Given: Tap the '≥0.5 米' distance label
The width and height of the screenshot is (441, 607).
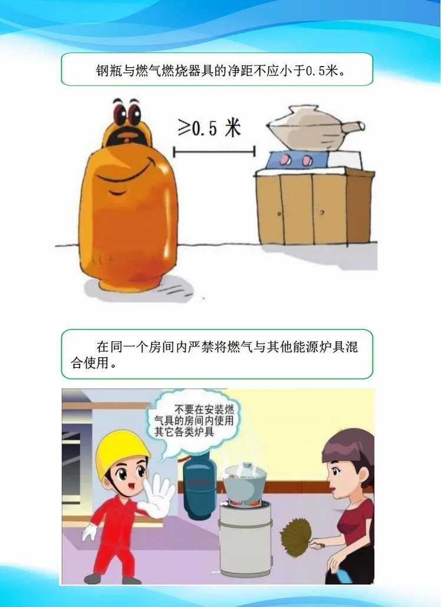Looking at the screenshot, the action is pyautogui.click(x=209, y=127).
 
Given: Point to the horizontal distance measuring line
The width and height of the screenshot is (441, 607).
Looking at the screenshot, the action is pyautogui.click(x=214, y=151).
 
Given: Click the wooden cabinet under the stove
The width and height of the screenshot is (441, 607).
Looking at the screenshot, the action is pyautogui.click(x=314, y=207).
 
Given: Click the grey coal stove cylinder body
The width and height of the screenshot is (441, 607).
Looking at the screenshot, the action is pyautogui.click(x=245, y=538).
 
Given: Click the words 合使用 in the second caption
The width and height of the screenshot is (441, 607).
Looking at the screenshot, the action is pyautogui.click(x=90, y=364).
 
